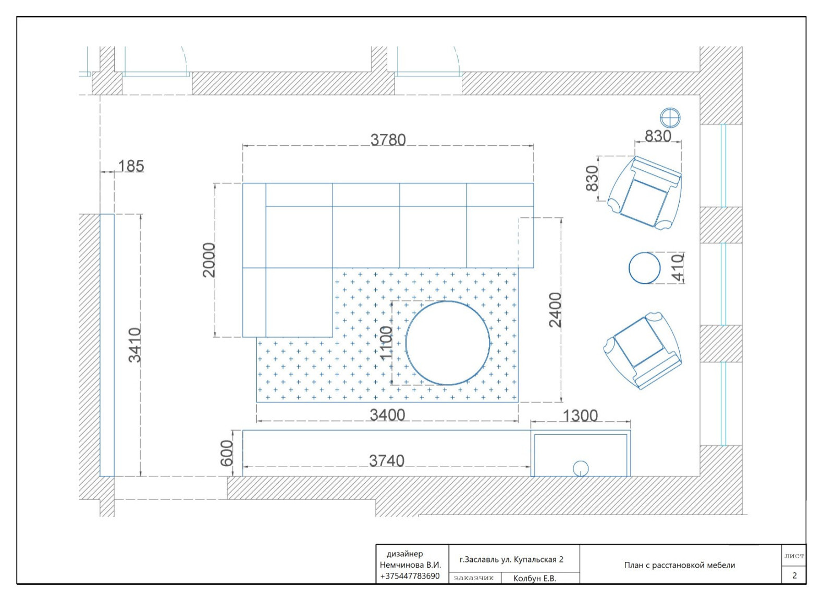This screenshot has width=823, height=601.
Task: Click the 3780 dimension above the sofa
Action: (x=388, y=140)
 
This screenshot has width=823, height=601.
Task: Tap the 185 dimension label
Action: (x=131, y=166)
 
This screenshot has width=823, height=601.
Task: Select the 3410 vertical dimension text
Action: (x=135, y=345)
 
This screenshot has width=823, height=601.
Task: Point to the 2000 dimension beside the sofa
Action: (x=208, y=259)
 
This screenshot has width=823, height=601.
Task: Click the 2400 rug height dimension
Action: (x=555, y=309)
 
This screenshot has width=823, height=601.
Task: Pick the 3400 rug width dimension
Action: (x=387, y=415)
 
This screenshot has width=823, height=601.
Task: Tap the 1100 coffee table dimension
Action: (x=386, y=343)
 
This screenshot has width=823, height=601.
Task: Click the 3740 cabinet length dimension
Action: (x=387, y=461)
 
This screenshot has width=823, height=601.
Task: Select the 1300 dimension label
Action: (x=580, y=416)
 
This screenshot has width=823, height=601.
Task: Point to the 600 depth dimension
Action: (x=227, y=454)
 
